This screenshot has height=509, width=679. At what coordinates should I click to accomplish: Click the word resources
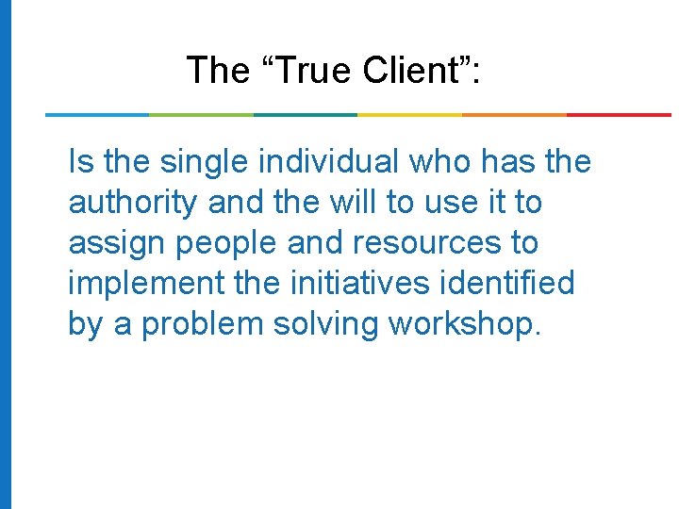[430, 243]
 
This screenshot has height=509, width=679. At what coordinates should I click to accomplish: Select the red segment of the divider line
[619, 115]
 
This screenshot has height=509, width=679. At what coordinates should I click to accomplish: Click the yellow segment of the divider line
[410, 115]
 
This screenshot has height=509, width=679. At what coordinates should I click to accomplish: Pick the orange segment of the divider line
[514, 115]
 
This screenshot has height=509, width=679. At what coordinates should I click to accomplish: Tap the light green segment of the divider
[201, 115]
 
